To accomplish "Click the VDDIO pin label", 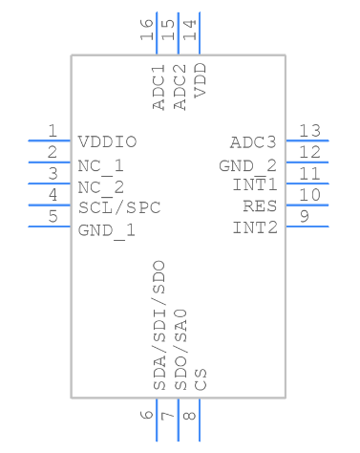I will point(107,142).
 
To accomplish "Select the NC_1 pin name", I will point(101,164).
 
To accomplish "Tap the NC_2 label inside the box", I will point(101,185).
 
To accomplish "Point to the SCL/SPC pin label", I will point(119,206).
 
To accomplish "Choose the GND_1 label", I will point(107,228).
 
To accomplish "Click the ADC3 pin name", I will point(253,142).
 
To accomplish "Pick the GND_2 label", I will point(247,164).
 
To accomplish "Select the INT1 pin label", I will point(254,184).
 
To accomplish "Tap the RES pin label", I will point(260,206).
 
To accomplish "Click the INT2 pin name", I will point(254,227).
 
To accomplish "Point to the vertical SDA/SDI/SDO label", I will point(159,325).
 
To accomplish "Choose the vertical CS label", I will point(201,379).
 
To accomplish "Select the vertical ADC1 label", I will point(159,86).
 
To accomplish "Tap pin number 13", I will point(308,131).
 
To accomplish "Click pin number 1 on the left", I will point(53,131).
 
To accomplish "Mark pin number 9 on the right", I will point(304,216).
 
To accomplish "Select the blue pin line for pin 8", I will point(200,421).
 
